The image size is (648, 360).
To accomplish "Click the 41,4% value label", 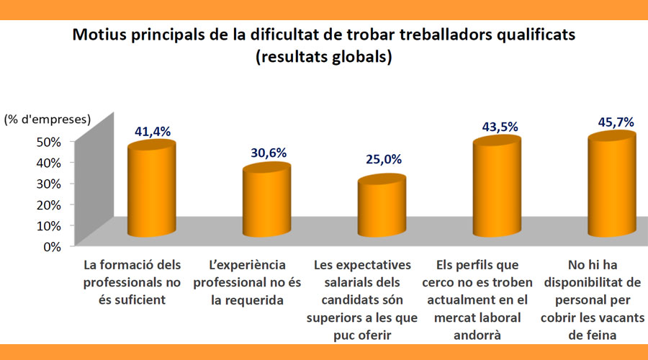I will pos(151,131).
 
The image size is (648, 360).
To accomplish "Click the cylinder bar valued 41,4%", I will pos(151,191).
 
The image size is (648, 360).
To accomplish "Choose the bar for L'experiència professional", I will pos(266,202).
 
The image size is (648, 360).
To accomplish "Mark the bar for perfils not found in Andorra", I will pos(497,189).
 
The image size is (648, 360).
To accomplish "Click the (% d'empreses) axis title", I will pos(48,119).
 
